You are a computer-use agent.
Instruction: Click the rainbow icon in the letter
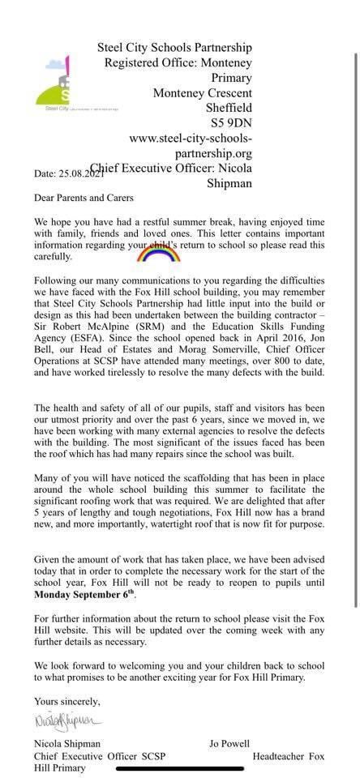coord(159,254)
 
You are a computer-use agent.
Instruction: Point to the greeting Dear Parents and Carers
coord(84,197)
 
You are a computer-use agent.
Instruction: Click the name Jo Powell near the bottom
coord(232,743)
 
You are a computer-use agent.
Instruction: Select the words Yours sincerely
coord(67,700)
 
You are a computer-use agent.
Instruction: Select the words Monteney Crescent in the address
coord(203,93)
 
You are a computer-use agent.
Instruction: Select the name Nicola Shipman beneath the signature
coord(68,743)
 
